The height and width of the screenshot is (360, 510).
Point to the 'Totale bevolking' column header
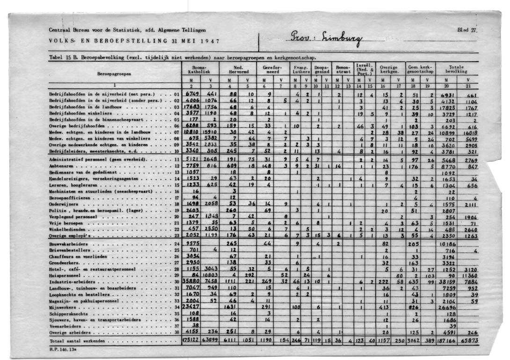(456, 70)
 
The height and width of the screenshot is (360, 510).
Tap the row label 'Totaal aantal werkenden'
(76, 341)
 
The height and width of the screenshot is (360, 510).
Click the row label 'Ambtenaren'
(61, 166)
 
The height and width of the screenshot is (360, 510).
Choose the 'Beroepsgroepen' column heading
(114, 74)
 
